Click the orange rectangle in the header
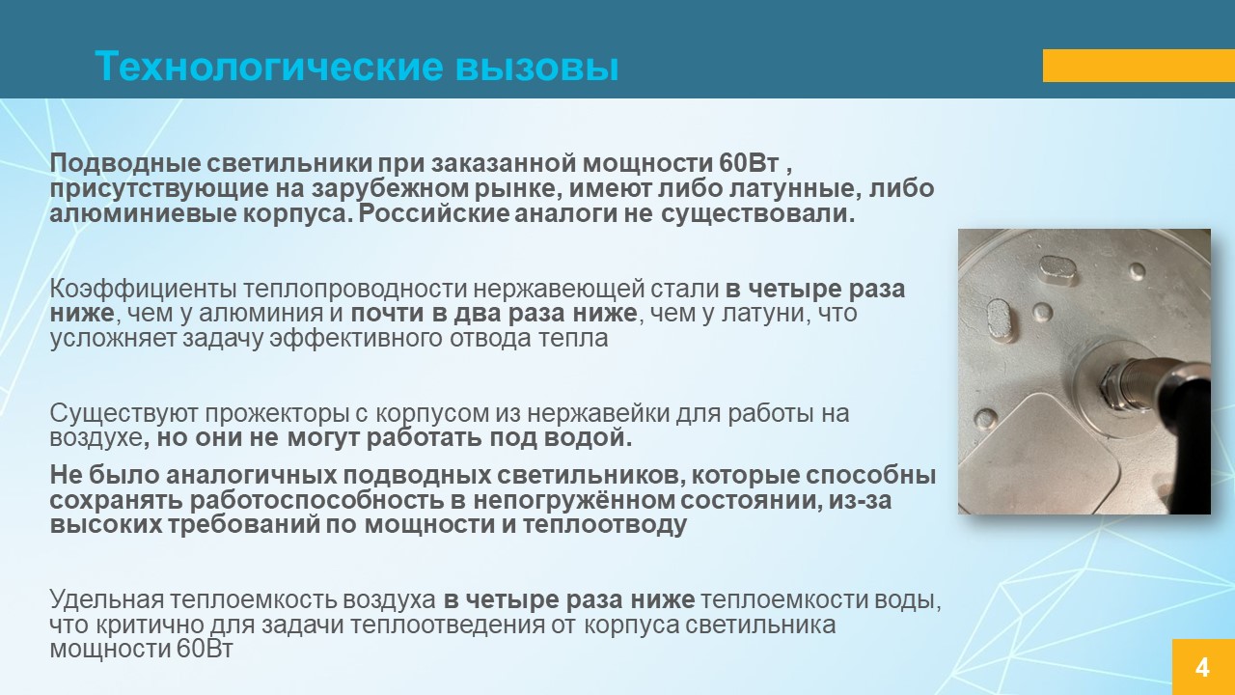pyautogui.click(x=1139, y=66)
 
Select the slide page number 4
pyautogui.click(x=1202, y=667)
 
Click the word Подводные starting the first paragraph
pyautogui.click(x=124, y=164)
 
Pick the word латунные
pyautogui.click(x=795, y=189)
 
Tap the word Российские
pyautogui.click(x=433, y=213)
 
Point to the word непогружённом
pyautogui.click(x=574, y=501)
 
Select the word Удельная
pyautogui.click(x=107, y=600)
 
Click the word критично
pyautogui.click(x=148, y=625)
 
